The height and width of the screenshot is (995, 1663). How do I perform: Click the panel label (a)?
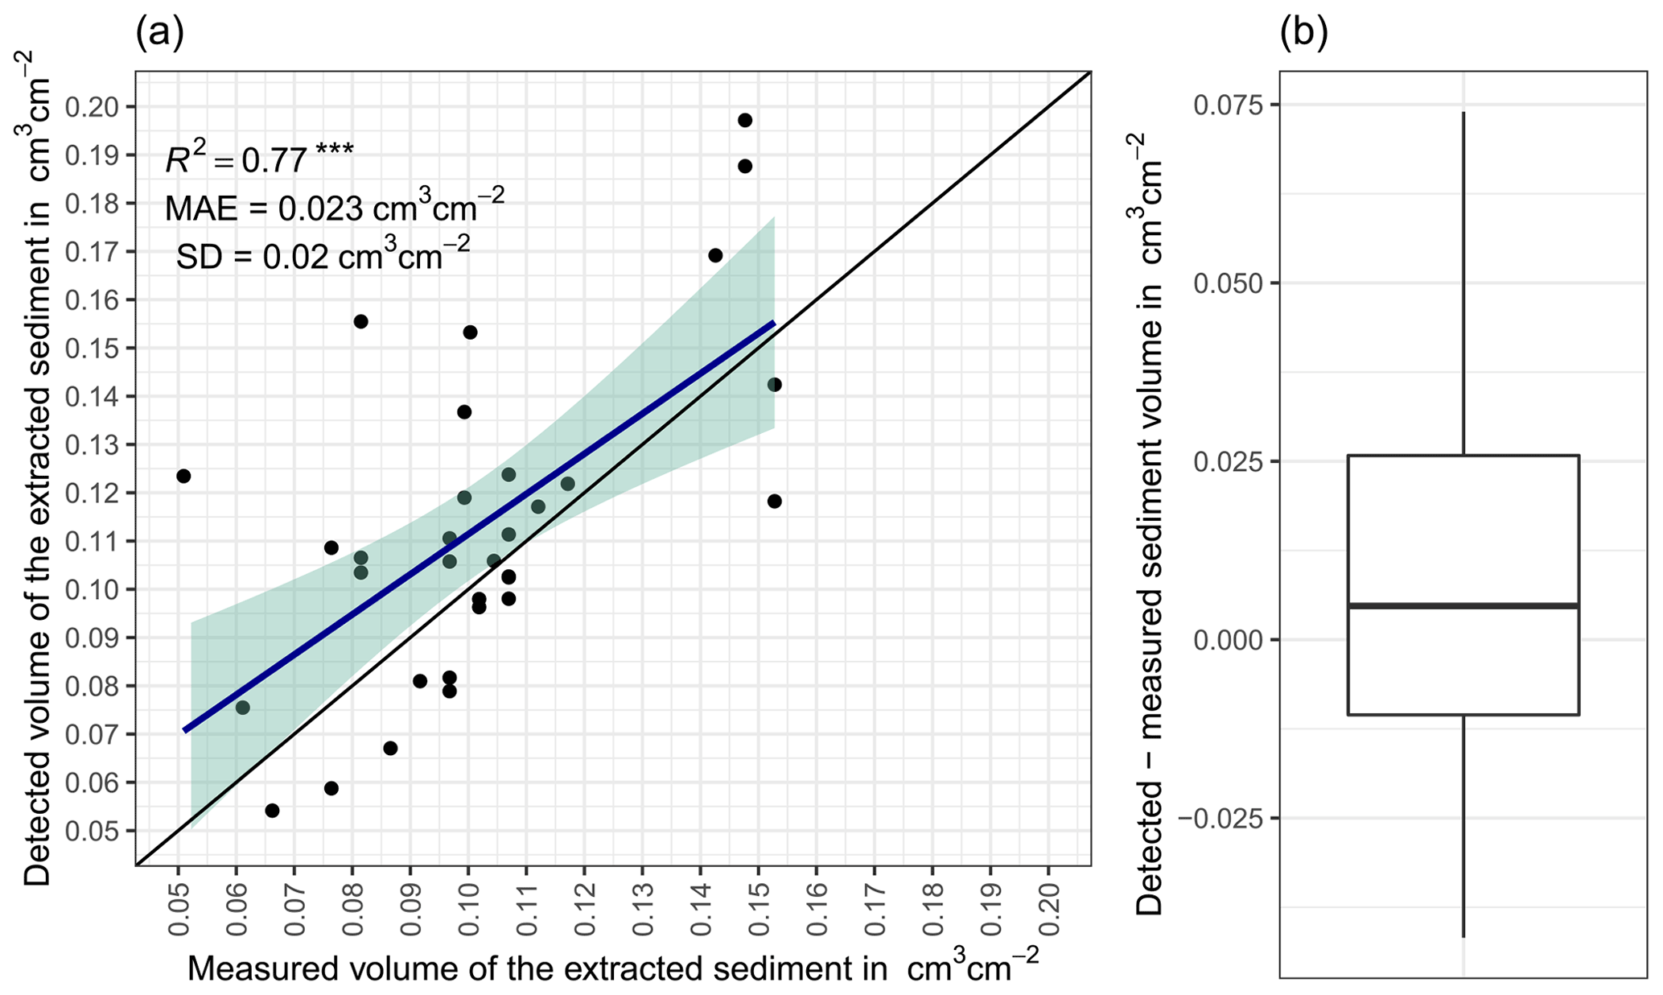160,35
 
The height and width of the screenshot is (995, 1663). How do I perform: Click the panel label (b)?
1303,35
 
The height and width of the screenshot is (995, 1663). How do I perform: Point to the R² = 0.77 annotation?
258,159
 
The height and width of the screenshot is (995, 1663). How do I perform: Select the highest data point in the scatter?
745,120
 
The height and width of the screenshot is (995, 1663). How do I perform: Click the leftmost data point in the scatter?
183,476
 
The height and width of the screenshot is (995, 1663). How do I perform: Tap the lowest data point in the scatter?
272,810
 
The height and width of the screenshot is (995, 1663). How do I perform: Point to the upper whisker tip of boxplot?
1463,114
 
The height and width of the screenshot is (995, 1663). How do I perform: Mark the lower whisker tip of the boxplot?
1463,936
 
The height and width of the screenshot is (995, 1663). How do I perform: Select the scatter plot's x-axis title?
612,968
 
